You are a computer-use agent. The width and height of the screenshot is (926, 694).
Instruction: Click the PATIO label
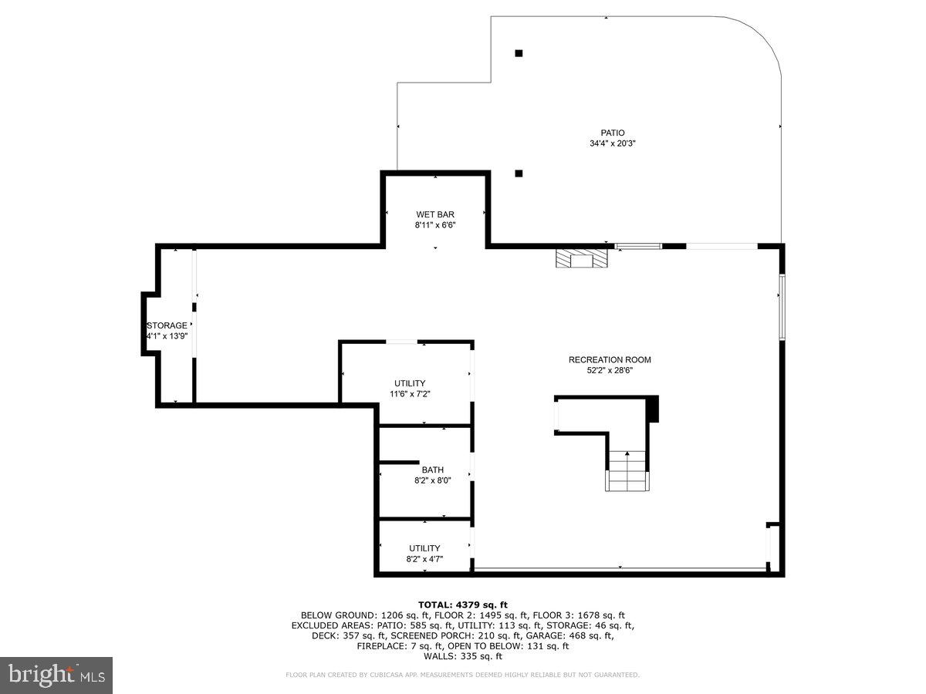pos(613,133)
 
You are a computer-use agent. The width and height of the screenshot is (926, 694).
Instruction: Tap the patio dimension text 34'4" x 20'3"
pos(613,143)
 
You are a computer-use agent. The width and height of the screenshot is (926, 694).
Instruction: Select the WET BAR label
pos(435,214)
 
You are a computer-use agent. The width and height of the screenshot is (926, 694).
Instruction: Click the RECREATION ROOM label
pos(610,359)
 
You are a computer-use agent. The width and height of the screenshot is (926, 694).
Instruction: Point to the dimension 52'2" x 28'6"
pos(610,370)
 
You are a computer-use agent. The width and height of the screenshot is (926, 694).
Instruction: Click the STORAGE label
pos(167,325)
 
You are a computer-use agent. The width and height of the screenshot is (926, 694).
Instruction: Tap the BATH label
pos(432,470)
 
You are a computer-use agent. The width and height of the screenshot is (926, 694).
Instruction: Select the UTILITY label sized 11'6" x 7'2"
pos(410,383)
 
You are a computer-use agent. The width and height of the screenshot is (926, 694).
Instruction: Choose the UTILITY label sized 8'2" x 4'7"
pos(424,548)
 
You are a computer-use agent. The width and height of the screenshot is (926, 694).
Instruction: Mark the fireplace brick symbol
pos(582,258)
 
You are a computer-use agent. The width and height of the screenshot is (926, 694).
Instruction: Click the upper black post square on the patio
pos(519,53)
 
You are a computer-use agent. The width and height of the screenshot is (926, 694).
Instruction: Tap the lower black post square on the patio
pos(519,173)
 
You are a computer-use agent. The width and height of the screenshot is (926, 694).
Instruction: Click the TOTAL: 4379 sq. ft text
pos(462,604)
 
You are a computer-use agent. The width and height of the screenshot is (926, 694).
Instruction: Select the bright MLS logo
pos(56,675)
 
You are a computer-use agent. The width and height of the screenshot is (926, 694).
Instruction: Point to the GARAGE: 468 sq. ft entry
pos(573,635)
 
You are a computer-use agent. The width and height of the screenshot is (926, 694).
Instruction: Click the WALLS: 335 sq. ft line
pos(462,656)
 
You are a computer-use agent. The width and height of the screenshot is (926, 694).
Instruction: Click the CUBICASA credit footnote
pos(462,675)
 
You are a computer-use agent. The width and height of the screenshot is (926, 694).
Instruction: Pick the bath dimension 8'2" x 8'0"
pos(432,480)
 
